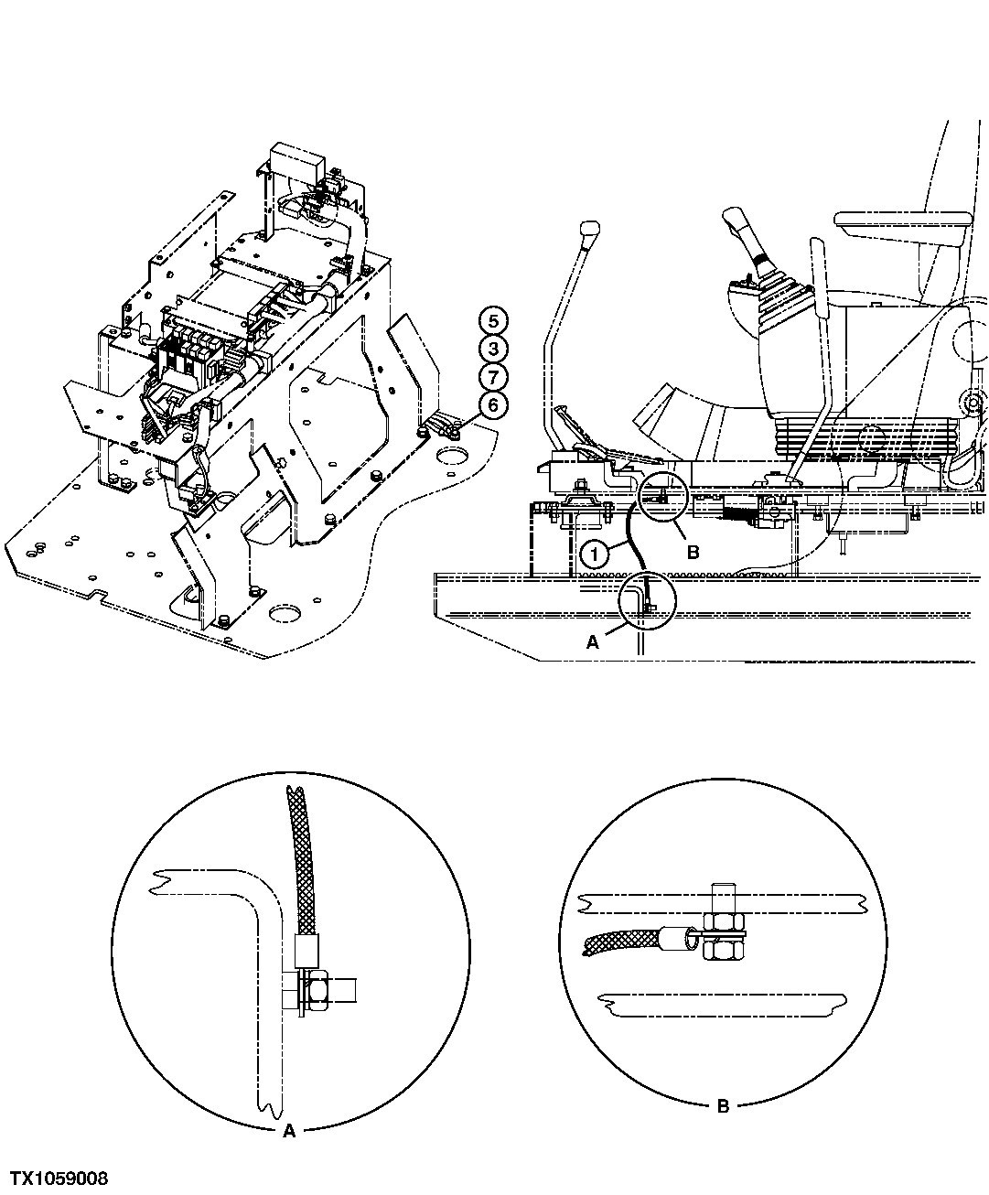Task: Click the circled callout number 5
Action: pyautogui.click(x=493, y=320)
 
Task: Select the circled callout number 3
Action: pyautogui.click(x=493, y=349)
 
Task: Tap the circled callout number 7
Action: pyautogui.click(x=493, y=377)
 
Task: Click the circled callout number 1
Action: pyautogui.click(x=594, y=553)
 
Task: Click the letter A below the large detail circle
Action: pyautogui.click(x=289, y=1131)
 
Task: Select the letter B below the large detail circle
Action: pyautogui.click(x=722, y=1105)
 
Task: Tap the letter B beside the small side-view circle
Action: pyautogui.click(x=693, y=553)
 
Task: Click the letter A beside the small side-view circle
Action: pyautogui.click(x=592, y=642)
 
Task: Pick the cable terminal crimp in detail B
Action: pyautogui.click(x=674, y=937)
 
